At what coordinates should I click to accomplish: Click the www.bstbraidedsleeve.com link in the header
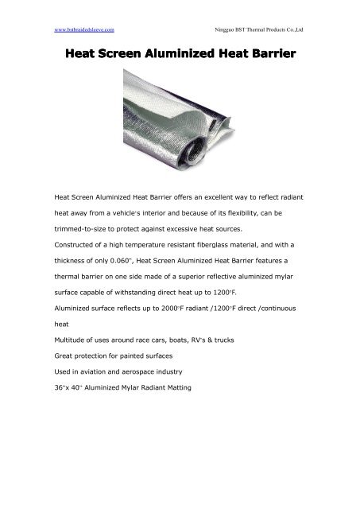pos(80,29)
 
